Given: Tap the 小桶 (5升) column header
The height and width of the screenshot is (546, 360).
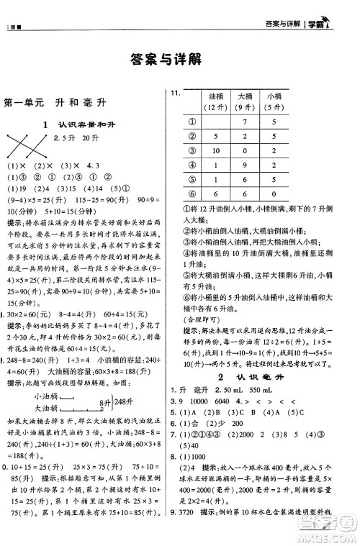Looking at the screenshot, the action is point(274,101).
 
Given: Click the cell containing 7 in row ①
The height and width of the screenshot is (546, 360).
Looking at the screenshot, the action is point(246,122).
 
